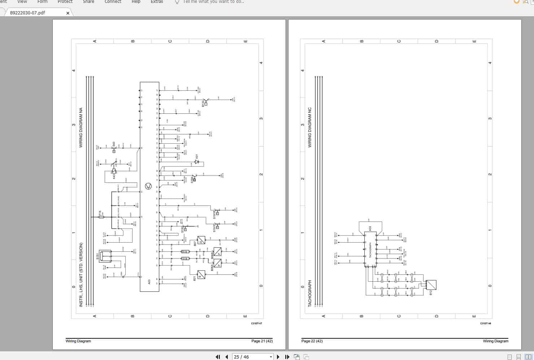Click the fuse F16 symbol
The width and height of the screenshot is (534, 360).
coord(101,217)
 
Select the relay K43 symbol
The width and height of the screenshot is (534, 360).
coord(114,171)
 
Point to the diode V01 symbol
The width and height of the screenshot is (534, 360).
coord(196,162)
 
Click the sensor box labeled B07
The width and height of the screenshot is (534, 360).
coord(201,240)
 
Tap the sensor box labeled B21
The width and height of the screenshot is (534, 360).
coord(201,275)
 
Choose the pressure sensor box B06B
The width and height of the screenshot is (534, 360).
coord(217,252)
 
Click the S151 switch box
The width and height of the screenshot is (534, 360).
coord(105,256)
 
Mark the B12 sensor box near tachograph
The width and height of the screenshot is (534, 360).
coord(431,285)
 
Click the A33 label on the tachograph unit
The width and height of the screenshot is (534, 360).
coord(370,229)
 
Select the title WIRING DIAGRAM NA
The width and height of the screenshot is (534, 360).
coord(81,128)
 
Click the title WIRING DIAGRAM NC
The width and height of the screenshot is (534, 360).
coord(310,127)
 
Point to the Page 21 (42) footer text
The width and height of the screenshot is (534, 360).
coord(262,341)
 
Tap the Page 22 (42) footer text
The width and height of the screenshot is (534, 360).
coord(312,341)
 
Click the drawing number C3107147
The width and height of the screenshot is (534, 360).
coord(256,324)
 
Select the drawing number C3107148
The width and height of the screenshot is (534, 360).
coord(485,324)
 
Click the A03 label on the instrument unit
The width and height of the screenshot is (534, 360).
coord(149,282)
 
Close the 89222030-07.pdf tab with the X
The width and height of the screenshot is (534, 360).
coord(68,13)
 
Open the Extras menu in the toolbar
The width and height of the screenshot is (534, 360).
coord(157,2)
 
